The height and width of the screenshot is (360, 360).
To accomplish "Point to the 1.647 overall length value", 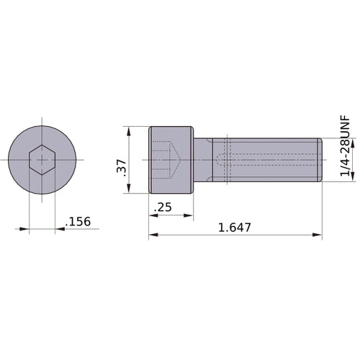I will click(x=234, y=228).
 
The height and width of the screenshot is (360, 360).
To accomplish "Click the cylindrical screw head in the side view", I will click(x=171, y=160).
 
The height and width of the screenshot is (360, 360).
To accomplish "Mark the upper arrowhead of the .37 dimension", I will click(x=128, y=132).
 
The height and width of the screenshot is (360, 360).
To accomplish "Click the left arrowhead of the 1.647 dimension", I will click(x=153, y=235).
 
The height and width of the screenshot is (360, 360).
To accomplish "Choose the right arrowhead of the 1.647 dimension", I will click(x=318, y=235).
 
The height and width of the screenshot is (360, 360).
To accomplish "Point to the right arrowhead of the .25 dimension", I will click(x=189, y=215).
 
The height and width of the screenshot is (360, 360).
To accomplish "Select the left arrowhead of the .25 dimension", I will click(x=153, y=215).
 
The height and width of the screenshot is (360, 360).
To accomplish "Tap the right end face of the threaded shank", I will click(x=320, y=159).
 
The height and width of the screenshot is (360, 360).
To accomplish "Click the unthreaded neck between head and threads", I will click(x=204, y=159).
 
